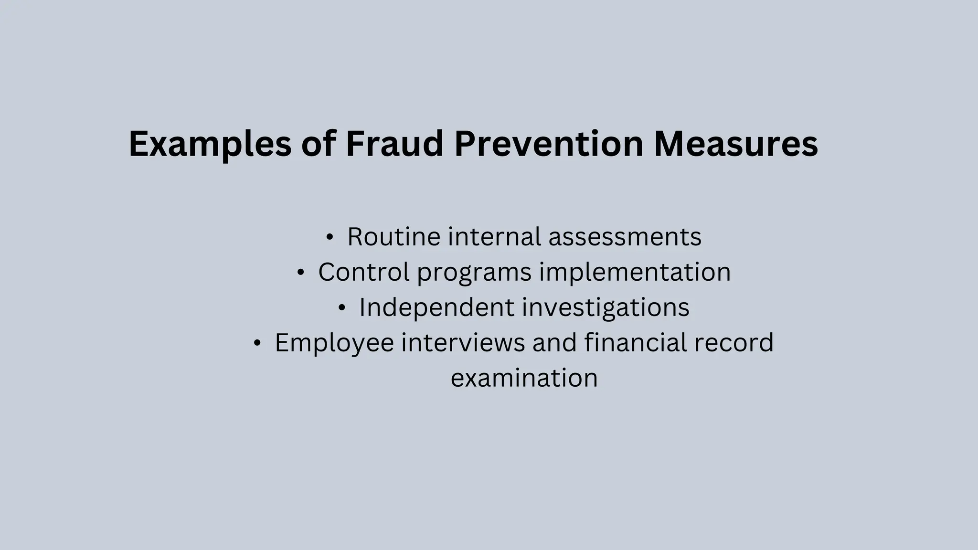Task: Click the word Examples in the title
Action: (210, 144)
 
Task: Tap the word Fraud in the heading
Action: (394, 144)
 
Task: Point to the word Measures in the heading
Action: (736, 144)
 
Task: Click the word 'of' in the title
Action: (319, 144)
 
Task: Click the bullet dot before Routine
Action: (329, 237)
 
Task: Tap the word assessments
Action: (625, 237)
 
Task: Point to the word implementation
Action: (635, 272)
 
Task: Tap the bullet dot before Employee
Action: (257, 343)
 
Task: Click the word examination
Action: (524, 378)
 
